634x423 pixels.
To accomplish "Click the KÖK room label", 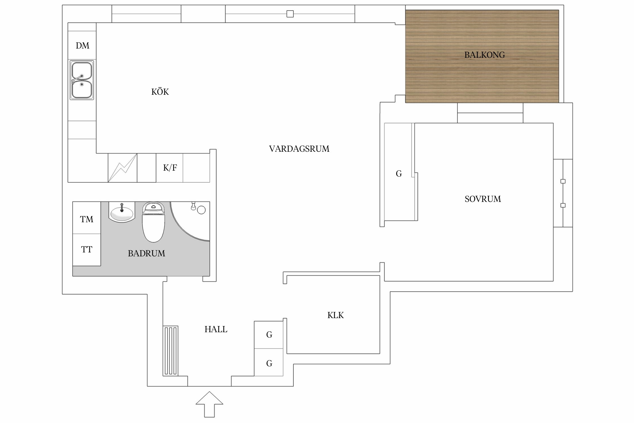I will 160,92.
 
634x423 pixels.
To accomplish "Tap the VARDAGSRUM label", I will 299,149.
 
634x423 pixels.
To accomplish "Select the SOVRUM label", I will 483,199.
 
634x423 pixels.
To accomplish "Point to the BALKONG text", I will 484,55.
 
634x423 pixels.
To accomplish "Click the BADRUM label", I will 147,254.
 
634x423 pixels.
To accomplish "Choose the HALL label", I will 216,329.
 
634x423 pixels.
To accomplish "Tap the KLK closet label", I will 335,315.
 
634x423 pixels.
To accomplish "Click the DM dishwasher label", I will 82,46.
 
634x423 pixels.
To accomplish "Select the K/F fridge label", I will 170,168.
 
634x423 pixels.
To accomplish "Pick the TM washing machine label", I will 87,219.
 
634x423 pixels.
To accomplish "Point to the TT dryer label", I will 87,250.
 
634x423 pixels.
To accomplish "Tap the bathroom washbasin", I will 122,213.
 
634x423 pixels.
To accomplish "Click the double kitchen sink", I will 82,80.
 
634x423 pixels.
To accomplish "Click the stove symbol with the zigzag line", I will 123,168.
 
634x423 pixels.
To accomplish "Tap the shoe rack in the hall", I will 170,351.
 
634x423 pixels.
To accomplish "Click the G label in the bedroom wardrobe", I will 399,174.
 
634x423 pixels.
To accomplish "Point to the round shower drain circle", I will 201,210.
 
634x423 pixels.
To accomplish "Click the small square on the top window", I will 290,14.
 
